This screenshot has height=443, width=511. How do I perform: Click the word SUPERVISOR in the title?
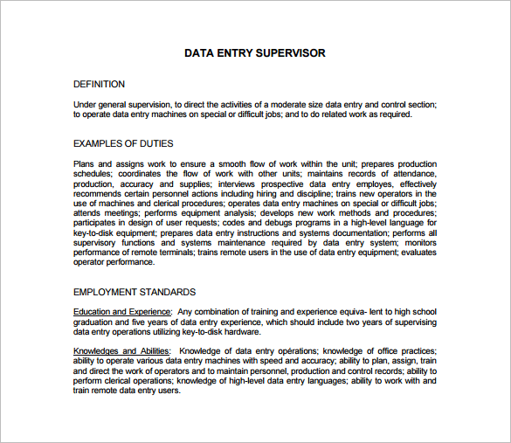[290, 53]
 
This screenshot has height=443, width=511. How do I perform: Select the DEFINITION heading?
[99, 84]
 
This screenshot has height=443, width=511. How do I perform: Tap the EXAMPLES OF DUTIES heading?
[123, 143]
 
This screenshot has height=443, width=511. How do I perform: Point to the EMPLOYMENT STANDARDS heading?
[134, 292]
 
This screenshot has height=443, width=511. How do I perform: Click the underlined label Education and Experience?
[121, 312]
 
